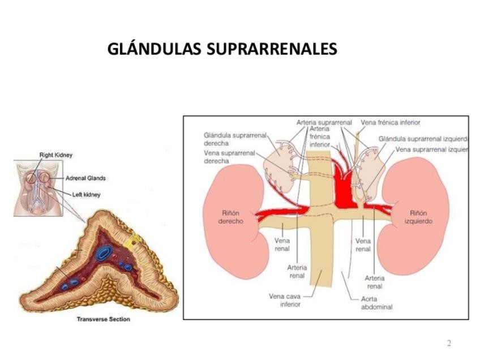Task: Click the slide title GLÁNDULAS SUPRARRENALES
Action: pyautogui.click(x=222, y=49)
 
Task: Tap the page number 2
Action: pyautogui.click(x=449, y=344)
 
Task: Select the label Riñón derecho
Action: pyautogui.click(x=230, y=217)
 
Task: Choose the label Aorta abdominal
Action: pyautogui.click(x=376, y=303)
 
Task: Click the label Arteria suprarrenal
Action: pyautogui.click(x=324, y=122)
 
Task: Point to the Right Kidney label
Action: pyautogui.click(x=55, y=155)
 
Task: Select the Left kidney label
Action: pyautogui.click(x=86, y=195)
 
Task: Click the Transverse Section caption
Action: pyautogui.click(x=103, y=319)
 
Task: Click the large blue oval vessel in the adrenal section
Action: pyautogui.click(x=103, y=254)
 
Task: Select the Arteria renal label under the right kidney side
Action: pyautogui.click(x=297, y=271)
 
